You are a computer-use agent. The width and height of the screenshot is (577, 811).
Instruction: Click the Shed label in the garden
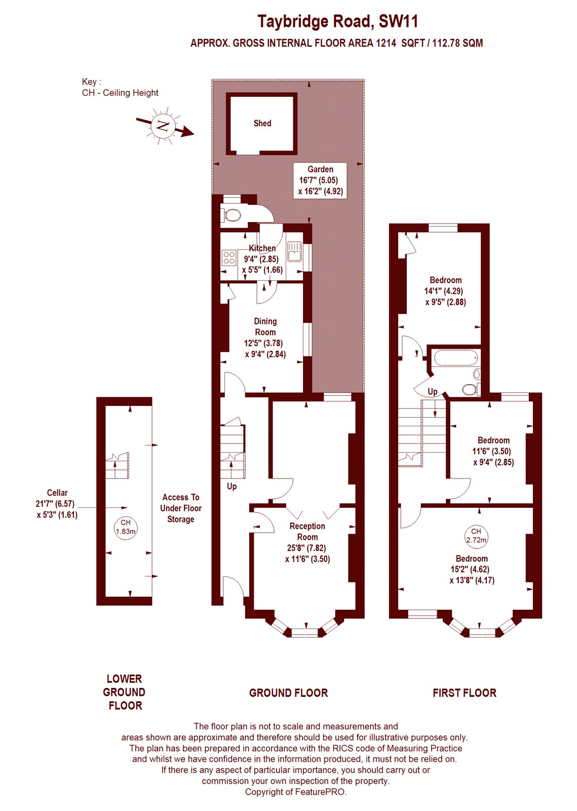pos(262,123)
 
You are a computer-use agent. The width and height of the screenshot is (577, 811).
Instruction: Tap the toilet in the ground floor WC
pos(232,215)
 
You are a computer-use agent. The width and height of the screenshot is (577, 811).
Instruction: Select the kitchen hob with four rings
pos(229,258)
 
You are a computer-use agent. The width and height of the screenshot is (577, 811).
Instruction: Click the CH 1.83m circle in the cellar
pos(126,527)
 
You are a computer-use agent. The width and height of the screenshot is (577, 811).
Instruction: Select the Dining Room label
pos(265,327)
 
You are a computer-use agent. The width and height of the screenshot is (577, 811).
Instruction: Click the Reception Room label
pos(307,532)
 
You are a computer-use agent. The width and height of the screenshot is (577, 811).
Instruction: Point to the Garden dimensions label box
pos(320,180)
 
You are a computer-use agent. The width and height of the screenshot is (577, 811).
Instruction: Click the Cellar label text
pos(57,493)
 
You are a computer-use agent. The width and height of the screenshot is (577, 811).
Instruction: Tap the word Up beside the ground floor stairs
pos(232,486)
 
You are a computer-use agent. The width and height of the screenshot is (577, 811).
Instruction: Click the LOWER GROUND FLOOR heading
pos(125,692)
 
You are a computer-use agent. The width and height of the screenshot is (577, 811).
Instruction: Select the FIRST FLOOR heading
pos(464,693)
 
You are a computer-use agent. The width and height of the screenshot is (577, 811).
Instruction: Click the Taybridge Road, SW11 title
pos(337,21)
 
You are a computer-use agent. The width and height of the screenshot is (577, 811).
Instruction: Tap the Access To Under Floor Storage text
pos(181,508)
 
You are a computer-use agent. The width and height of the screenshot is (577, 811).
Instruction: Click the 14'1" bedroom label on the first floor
pos(445,291)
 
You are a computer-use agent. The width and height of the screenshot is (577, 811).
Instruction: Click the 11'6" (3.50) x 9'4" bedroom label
pos(493,451)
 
